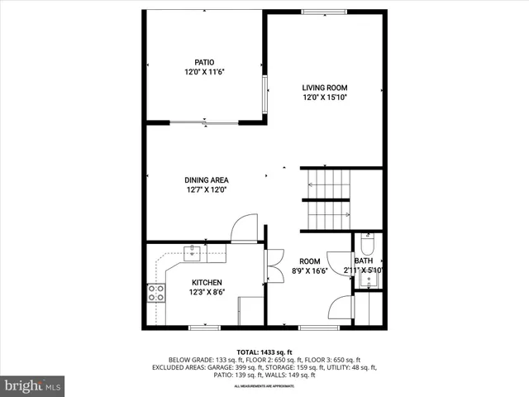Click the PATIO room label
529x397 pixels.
click(x=204, y=63)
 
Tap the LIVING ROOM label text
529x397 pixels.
click(x=324, y=88)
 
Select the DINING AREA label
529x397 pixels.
click(x=206, y=179)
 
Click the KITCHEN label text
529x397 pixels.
click(x=207, y=283)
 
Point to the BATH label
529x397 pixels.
click(x=364, y=261)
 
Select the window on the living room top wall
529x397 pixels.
click(x=325, y=12)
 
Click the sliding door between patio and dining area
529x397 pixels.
click(x=205, y=123)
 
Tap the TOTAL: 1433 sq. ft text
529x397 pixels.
click(x=264, y=352)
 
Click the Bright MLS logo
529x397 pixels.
click(x=33, y=385)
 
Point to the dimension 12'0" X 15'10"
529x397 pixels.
click(x=324, y=97)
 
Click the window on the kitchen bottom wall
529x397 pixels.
click(x=204, y=328)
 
